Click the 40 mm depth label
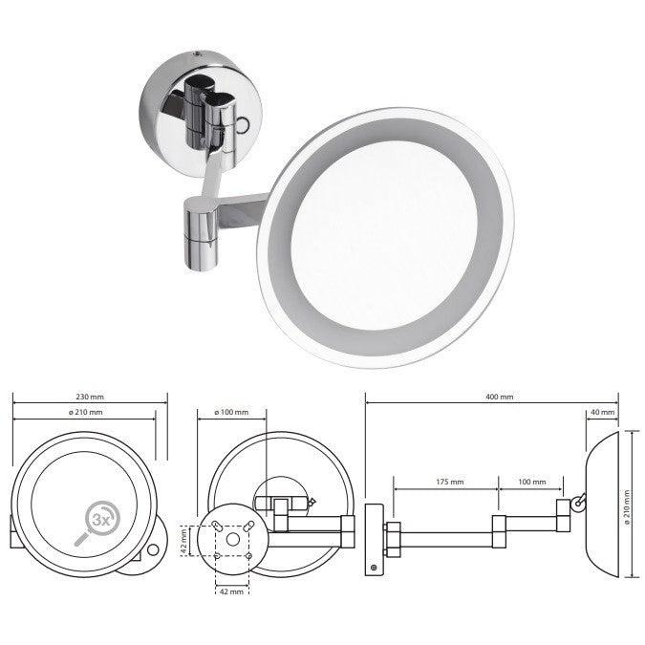[x=602, y=412]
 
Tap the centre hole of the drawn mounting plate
[x=232, y=540]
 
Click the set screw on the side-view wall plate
[x=374, y=566]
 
